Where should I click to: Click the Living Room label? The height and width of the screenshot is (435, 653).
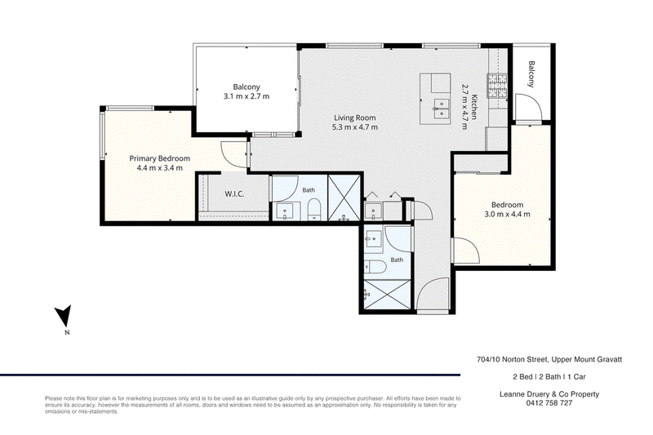point(355,118)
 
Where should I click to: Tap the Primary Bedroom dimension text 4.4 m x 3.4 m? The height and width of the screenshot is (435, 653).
point(159,168)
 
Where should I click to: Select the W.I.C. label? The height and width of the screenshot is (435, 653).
point(234,194)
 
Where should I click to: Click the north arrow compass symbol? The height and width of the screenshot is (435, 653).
point(64,316)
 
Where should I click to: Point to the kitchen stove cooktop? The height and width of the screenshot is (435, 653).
point(497,86)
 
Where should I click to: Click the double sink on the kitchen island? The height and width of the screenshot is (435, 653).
point(441,109)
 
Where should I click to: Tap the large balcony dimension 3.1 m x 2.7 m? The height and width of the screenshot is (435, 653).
point(247,96)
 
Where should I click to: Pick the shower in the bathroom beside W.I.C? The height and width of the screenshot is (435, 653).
point(344,198)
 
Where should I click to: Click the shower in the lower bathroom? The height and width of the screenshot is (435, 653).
point(388,295)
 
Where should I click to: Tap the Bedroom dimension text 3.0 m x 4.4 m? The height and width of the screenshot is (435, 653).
point(507,215)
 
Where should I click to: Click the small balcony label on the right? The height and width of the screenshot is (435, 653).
point(531,74)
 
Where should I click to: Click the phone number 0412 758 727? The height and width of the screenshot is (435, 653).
point(549,403)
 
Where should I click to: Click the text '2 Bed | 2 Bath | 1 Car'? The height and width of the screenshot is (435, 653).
point(549,377)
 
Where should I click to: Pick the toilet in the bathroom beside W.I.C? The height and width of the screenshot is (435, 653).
point(314,210)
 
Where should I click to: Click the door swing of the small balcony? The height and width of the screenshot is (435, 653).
point(528,108)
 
